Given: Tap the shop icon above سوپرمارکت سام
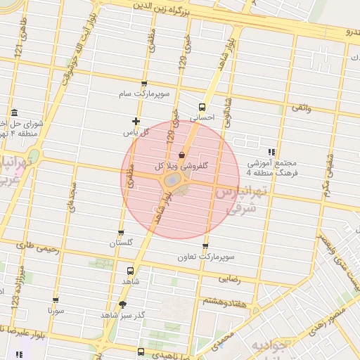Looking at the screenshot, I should pos(144,83).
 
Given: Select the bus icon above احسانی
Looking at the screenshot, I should pos(202,108).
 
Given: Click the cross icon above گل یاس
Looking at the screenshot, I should pos(136,122).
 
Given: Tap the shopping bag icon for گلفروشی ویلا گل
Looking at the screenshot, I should pos(182,155).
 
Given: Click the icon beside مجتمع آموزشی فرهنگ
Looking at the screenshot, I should pos(271,152).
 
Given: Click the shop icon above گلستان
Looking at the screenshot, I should pos(121,233).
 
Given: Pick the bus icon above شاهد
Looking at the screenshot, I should pos(131,270).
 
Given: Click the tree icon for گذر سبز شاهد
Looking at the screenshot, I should pos(124,304).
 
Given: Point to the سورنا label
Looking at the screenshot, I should pos(56,309).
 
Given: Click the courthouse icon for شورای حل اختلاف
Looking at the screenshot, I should pos(14,113).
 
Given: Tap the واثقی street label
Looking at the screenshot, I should pos(300,107).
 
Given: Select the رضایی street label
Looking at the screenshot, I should pos(230,279).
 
